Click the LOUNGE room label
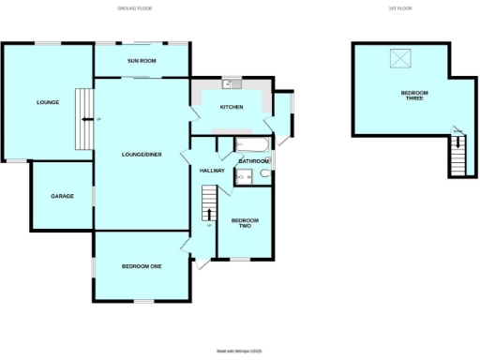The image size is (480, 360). [x=41, y=102]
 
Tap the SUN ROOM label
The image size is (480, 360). [x=142, y=61]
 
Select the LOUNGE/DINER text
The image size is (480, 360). [x=142, y=155]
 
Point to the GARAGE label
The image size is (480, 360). [x=62, y=196]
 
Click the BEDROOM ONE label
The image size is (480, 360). [x=142, y=267]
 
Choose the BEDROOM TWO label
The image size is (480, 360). [x=245, y=223]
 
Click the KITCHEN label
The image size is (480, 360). [x=232, y=108]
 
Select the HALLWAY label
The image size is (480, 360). [x=211, y=171]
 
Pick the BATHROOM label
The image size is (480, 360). [x=253, y=161]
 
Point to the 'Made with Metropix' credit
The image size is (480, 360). [x=239, y=351]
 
